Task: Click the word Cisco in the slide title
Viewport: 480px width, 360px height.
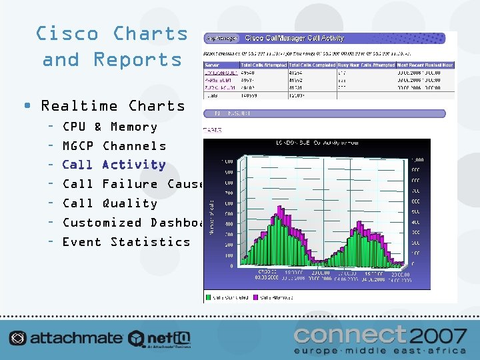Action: click(67, 33)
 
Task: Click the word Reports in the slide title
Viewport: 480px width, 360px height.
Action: click(137, 59)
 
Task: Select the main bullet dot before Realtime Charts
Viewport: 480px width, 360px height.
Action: click(27, 105)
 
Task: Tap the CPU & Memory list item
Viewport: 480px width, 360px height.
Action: click(109, 127)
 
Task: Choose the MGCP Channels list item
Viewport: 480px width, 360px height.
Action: click(114, 146)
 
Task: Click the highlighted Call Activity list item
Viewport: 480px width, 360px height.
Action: click(114, 165)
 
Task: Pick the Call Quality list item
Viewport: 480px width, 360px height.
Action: click(109, 203)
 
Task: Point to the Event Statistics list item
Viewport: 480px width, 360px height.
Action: click(126, 242)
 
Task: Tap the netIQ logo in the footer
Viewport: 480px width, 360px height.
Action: click(160, 339)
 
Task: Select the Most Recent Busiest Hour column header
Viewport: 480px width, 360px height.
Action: click(426, 65)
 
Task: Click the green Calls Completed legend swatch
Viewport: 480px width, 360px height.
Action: click(209, 297)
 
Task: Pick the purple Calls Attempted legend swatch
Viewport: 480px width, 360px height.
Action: click(257, 297)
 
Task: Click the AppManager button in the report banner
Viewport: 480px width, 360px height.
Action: click(223, 38)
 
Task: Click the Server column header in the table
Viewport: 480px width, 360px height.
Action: click(212, 65)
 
